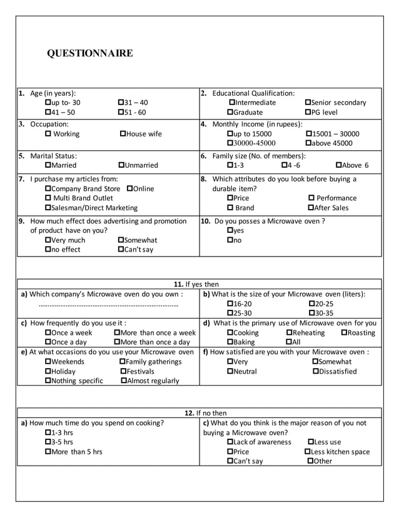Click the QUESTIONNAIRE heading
click(x=90, y=53)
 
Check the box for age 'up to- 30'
click(x=49, y=103)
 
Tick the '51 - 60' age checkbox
click(x=121, y=113)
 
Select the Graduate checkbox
click(x=230, y=113)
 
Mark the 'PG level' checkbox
click(x=308, y=113)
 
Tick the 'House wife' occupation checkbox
click(x=123, y=134)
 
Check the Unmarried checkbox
click(x=121, y=165)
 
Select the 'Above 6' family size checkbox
click(x=339, y=165)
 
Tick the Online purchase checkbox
click(x=129, y=188)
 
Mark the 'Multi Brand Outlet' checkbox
click(x=49, y=198)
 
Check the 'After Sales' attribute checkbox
click(x=311, y=208)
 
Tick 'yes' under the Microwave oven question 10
click(x=230, y=230)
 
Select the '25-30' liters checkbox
click(x=230, y=313)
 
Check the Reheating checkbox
click(x=289, y=333)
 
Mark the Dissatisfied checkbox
click(x=315, y=371)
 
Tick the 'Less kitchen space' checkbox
click(x=307, y=452)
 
